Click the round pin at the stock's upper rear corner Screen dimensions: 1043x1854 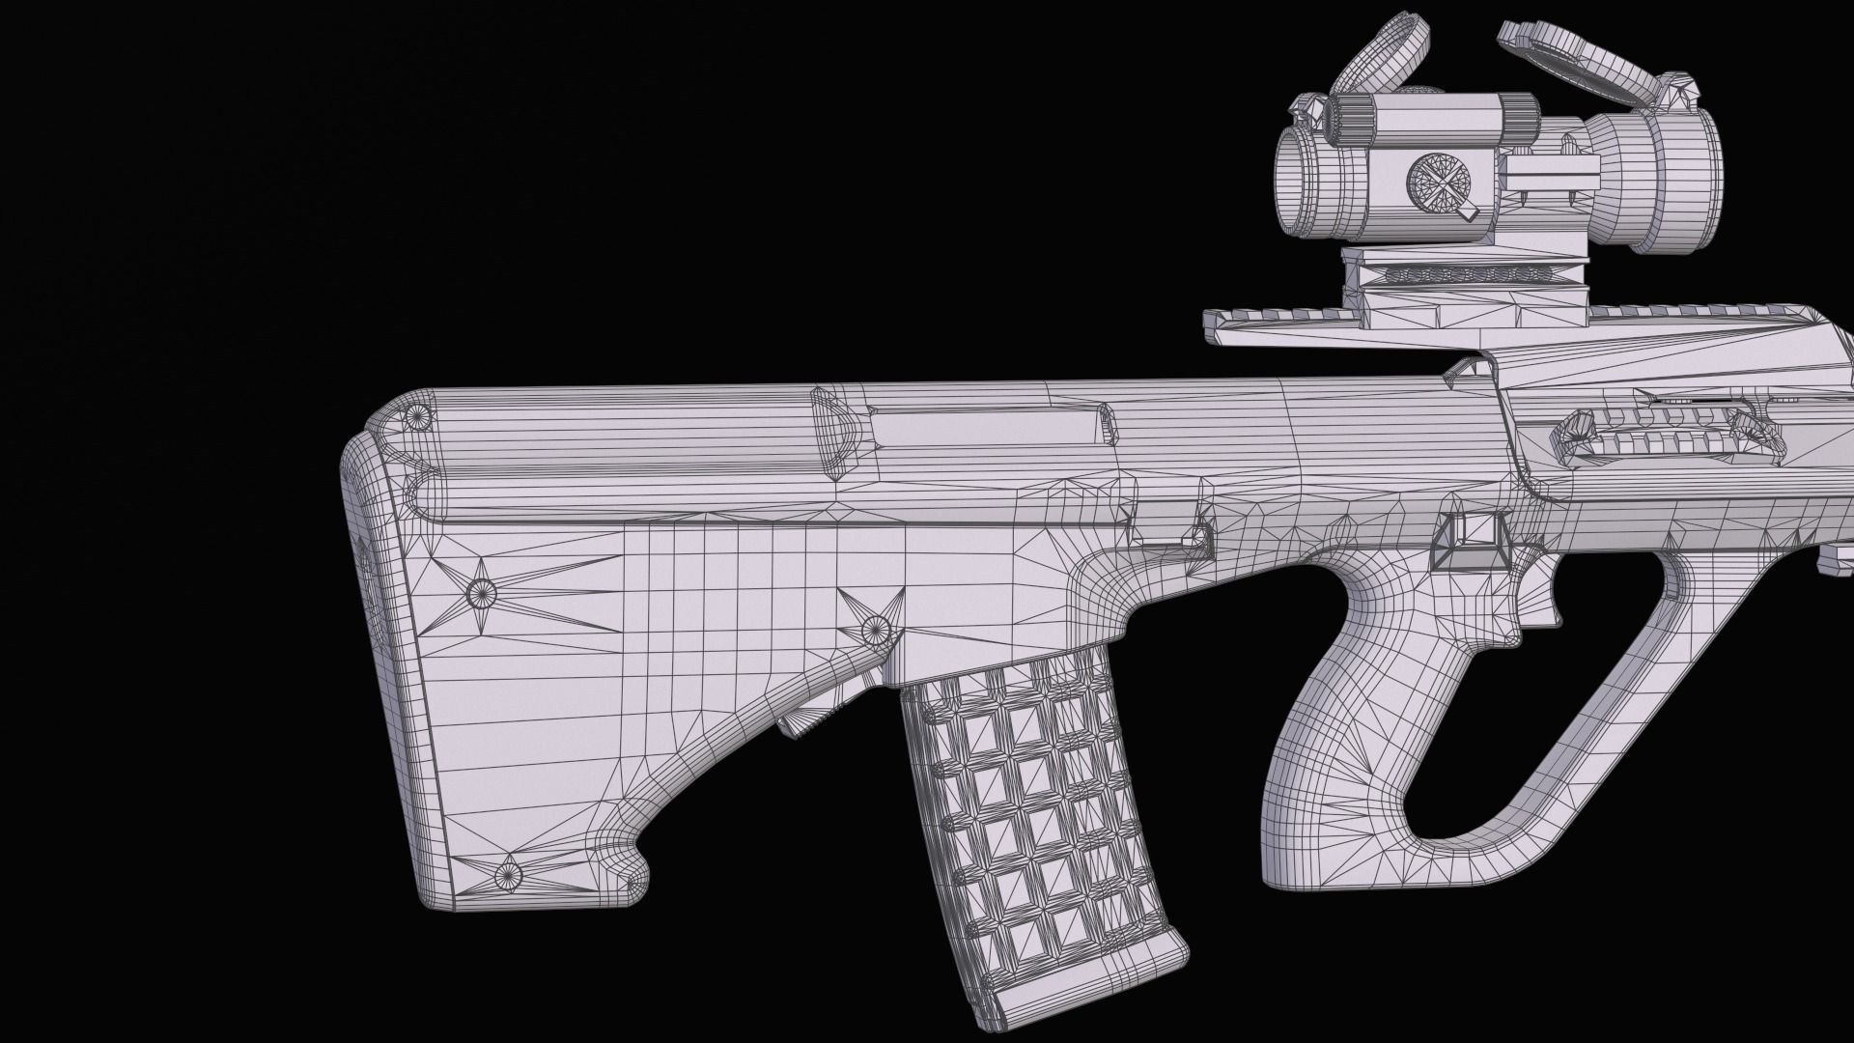coord(418,417)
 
